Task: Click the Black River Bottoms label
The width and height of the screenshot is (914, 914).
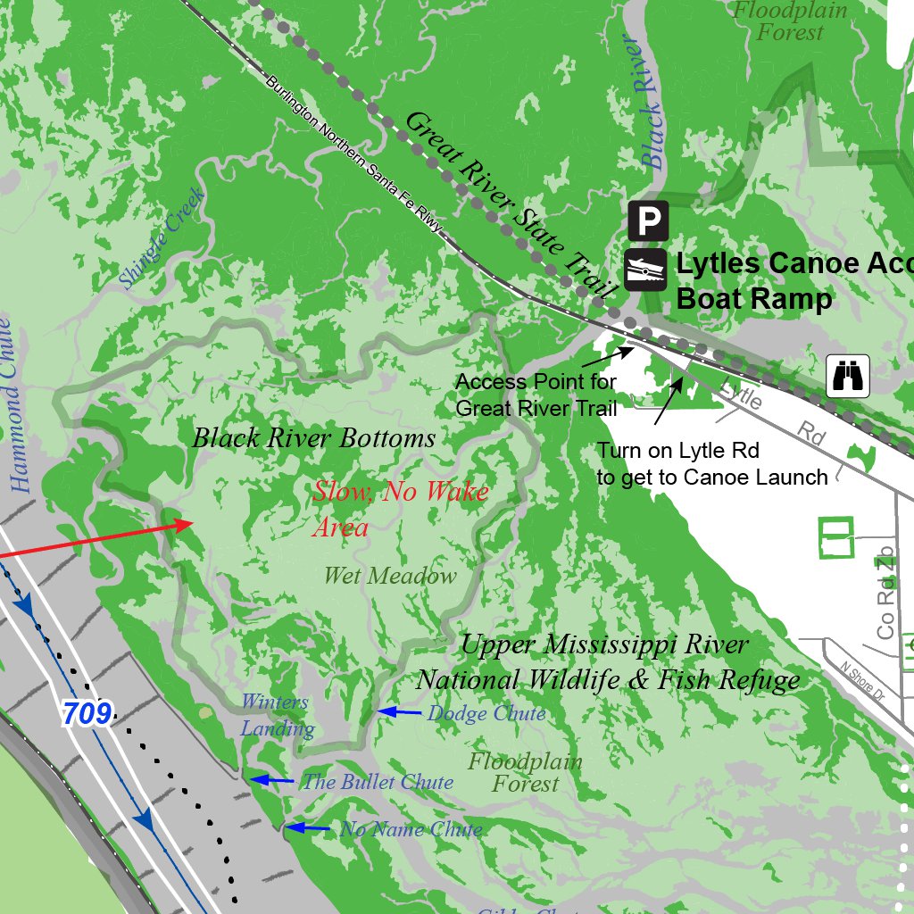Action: [313, 438]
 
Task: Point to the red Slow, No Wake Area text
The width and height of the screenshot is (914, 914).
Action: [399, 508]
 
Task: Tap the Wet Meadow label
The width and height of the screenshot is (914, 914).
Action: [389, 577]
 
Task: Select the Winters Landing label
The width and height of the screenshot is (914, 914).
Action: [276, 715]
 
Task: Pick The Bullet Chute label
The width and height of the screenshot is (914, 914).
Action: [378, 782]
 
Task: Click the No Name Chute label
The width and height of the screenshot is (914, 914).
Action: [411, 829]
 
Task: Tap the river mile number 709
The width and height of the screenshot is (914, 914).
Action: [87, 713]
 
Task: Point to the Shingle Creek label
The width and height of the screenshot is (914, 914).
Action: [162, 238]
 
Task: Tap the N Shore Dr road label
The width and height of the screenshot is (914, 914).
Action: [860, 680]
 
